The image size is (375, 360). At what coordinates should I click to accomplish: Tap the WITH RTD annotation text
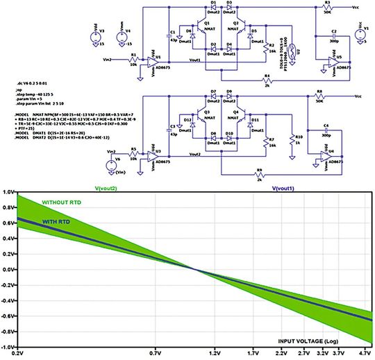tap(56, 222)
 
